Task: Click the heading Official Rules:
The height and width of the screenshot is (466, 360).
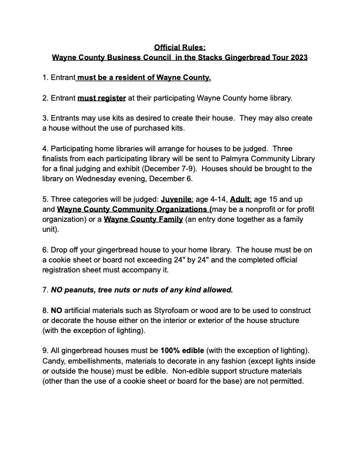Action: [x=181, y=47]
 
